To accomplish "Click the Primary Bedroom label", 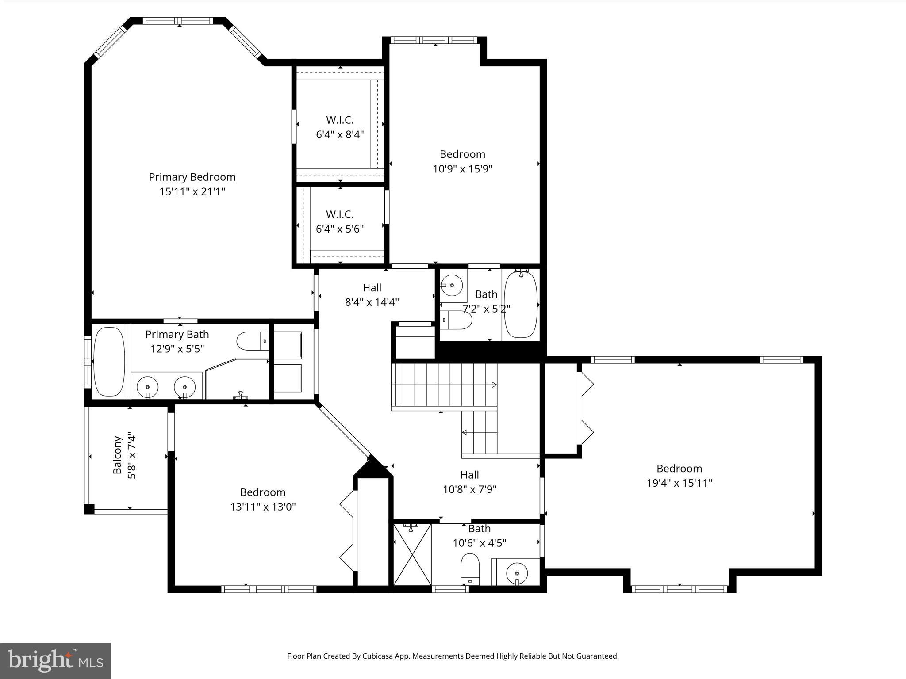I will click(x=192, y=177).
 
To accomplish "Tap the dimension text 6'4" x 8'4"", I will click(x=340, y=134).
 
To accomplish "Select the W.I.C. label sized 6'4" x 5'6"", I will click(x=340, y=214).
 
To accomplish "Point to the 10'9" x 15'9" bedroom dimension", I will click(x=462, y=169).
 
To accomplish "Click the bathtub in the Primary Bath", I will click(x=109, y=361).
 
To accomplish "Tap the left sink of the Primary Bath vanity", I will click(x=147, y=387).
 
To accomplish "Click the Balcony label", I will click(x=117, y=455).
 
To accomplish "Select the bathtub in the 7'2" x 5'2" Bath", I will click(x=521, y=305).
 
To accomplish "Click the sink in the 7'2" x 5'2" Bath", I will click(x=452, y=285).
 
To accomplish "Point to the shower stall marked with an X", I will click(x=412, y=554).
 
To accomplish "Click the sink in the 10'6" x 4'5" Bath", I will click(x=517, y=573).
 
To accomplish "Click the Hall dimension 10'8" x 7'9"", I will click(x=469, y=489).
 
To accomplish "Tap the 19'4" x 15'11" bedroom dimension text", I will click(x=679, y=483).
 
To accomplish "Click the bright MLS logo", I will click(x=55, y=660).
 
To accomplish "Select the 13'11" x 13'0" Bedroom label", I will click(x=262, y=492).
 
